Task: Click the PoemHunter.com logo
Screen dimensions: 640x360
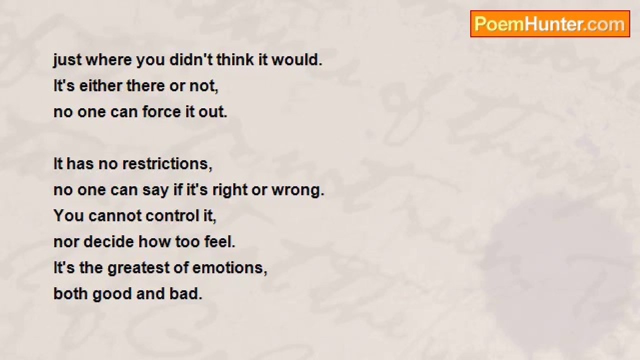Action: (550, 24)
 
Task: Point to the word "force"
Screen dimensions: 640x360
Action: (161, 111)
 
